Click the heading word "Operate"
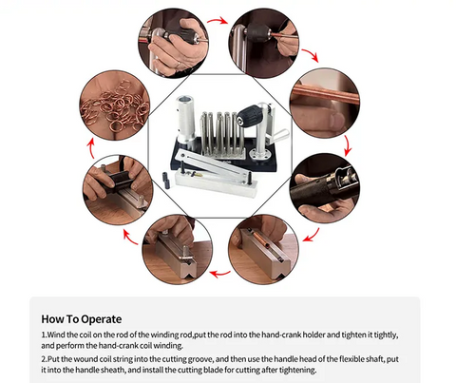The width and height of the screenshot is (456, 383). point(102,319)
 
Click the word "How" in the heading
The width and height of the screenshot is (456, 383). point(52,318)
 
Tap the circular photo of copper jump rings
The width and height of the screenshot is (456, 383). point(115,105)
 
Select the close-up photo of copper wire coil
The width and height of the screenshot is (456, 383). point(325,103)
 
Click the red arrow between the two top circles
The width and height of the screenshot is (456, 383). point(218,21)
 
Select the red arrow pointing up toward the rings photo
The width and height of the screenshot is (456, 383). point(91,148)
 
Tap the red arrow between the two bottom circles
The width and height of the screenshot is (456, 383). point(220,274)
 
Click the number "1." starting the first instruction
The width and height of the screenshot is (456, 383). point(44,335)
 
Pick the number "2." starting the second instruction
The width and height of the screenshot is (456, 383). point(45,359)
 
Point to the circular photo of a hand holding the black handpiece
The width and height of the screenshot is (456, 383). point(325,188)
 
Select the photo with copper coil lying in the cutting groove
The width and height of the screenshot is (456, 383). point(263,249)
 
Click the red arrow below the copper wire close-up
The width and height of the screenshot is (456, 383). point(348,145)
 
